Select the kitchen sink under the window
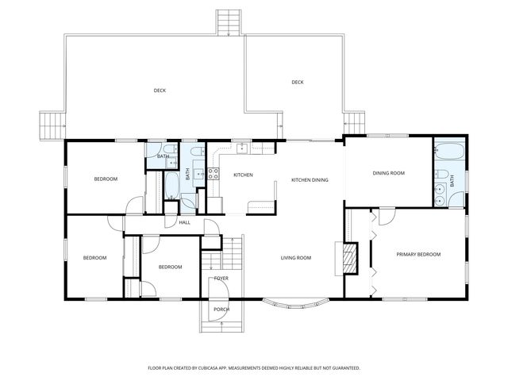coord(238,148)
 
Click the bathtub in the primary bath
coord(449,150)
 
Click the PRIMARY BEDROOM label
coord(418,254)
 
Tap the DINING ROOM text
coord(389,173)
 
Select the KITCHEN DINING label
coord(310,180)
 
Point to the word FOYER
coord(221,279)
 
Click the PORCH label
coord(221,310)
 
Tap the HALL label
coord(184,222)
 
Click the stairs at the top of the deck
coord(229,21)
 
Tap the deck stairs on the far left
coord(52,125)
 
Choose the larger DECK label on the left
coord(160,90)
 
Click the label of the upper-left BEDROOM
coord(106,179)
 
